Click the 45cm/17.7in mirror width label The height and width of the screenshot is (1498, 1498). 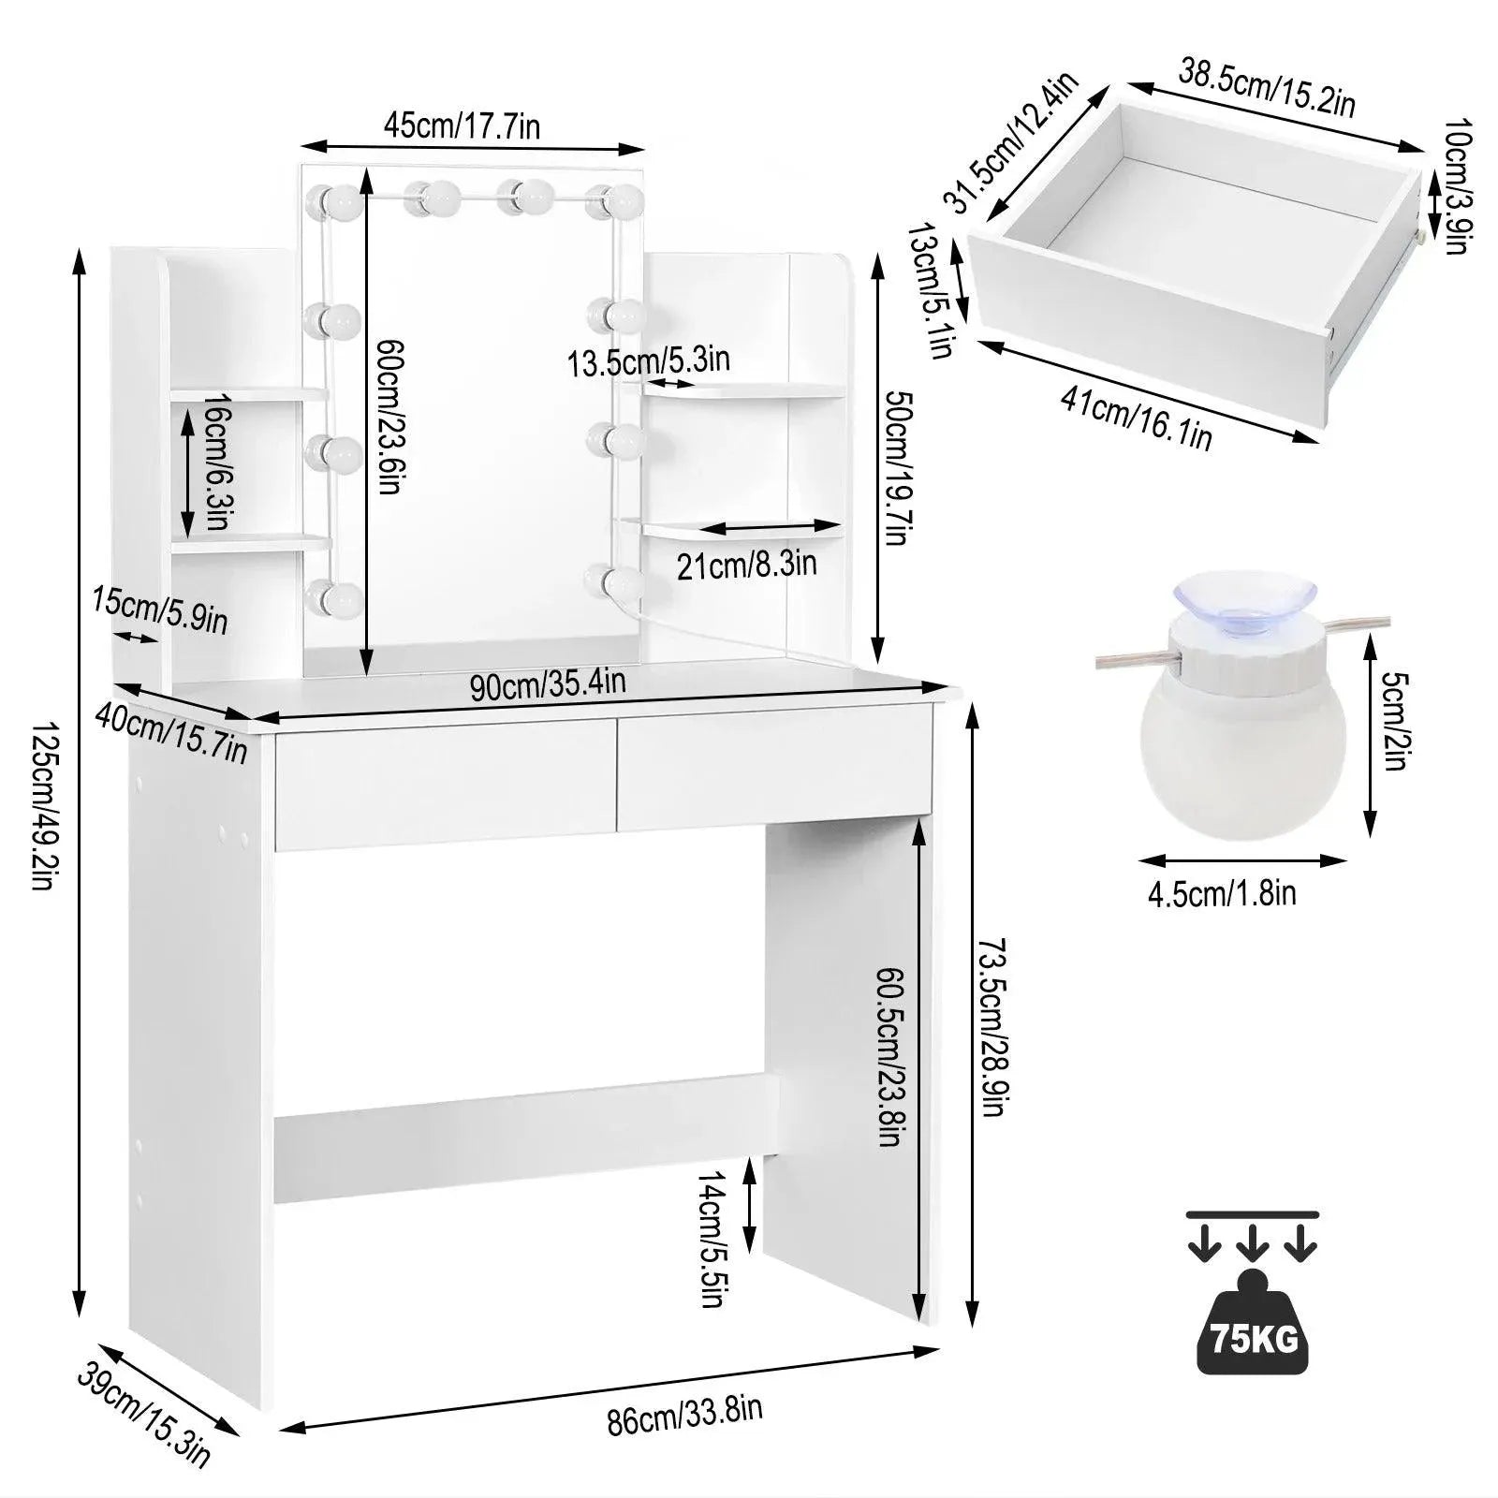462,126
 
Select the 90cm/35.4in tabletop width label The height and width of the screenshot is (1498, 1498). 548,685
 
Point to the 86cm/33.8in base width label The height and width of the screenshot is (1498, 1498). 683,1415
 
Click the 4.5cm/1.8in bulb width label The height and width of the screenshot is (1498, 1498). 1222,893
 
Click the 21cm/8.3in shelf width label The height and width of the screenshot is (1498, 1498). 746,565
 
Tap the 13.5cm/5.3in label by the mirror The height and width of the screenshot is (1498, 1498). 648,360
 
